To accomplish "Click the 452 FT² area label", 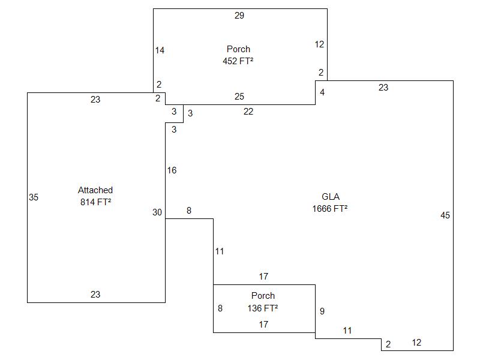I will [x=238, y=61].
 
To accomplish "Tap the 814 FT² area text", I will [x=96, y=202].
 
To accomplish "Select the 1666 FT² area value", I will [x=330, y=209].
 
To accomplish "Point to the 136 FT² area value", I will [x=263, y=308].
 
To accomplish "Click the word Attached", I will [x=95, y=190].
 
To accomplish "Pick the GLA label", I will [x=331, y=197].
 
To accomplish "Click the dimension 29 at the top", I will [x=239, y=16].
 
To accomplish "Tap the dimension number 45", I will [x=445, y=215].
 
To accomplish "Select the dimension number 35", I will [x=34, y=197].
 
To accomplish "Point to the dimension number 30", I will [x=157, y=212].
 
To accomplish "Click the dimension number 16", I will [x=172, y=170].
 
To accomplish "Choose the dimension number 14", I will [x=160, y=50].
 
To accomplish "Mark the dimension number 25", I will [x=239, y=97].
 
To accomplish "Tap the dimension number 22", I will [x=248, y=112].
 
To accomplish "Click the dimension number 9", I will [x=322, y=311].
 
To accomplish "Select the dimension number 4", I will [x=322, y=92].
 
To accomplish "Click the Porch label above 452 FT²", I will [x=238, y=49].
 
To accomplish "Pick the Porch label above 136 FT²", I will [x=263, y=296].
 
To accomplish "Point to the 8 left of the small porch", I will [x=220, y=308].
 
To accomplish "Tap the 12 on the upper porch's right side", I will [x=319, y=44].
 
